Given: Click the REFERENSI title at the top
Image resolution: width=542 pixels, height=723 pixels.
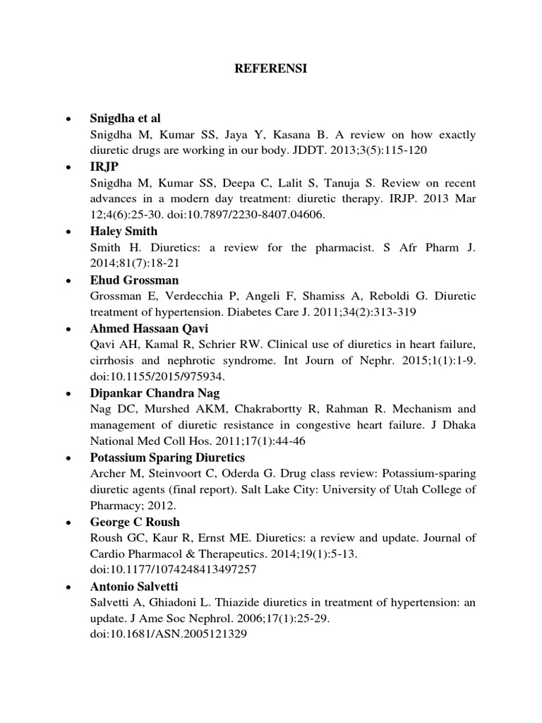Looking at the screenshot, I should tap(271, 69).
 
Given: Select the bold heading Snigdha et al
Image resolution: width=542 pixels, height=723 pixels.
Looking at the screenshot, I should tap(126, 118).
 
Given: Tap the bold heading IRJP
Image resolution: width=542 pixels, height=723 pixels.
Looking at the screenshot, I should tap(104, 167).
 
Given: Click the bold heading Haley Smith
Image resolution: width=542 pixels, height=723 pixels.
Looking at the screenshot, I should tap(124, 231).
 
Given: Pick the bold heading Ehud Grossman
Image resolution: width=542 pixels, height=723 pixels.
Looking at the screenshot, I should tap(134, 280).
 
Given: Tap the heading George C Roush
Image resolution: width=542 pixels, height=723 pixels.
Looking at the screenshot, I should tap(135, 522).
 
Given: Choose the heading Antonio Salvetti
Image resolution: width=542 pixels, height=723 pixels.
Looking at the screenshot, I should tap(134, 587).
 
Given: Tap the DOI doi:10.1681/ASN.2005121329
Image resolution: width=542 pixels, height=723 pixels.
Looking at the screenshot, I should tap(168, 634).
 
